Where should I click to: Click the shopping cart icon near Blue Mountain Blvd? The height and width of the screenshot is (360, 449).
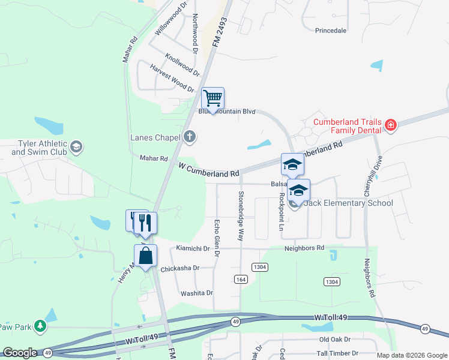tap(212, 98)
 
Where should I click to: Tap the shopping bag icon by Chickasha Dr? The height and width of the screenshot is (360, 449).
tap(145, 256)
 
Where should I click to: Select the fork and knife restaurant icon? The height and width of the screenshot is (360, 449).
tap(145, 223)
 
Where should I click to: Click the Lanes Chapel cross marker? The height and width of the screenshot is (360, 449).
tap(190, 137)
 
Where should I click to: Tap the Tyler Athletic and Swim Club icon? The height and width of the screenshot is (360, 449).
tap(76, 146)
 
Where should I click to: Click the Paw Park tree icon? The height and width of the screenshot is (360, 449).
tap(40, 326)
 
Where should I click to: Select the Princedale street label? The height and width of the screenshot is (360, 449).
tap(331, 30)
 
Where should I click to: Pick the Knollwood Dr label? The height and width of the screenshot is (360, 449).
tap(182, 64)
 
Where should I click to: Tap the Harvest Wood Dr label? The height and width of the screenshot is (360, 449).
tap(172, 79)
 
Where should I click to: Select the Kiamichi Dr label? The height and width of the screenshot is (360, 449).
tap(192, 248)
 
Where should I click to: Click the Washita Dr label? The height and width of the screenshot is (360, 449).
tap(197, 293)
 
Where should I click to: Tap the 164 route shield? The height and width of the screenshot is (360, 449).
tap(241, 280)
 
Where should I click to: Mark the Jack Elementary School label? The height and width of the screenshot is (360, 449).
tap(348, 203)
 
